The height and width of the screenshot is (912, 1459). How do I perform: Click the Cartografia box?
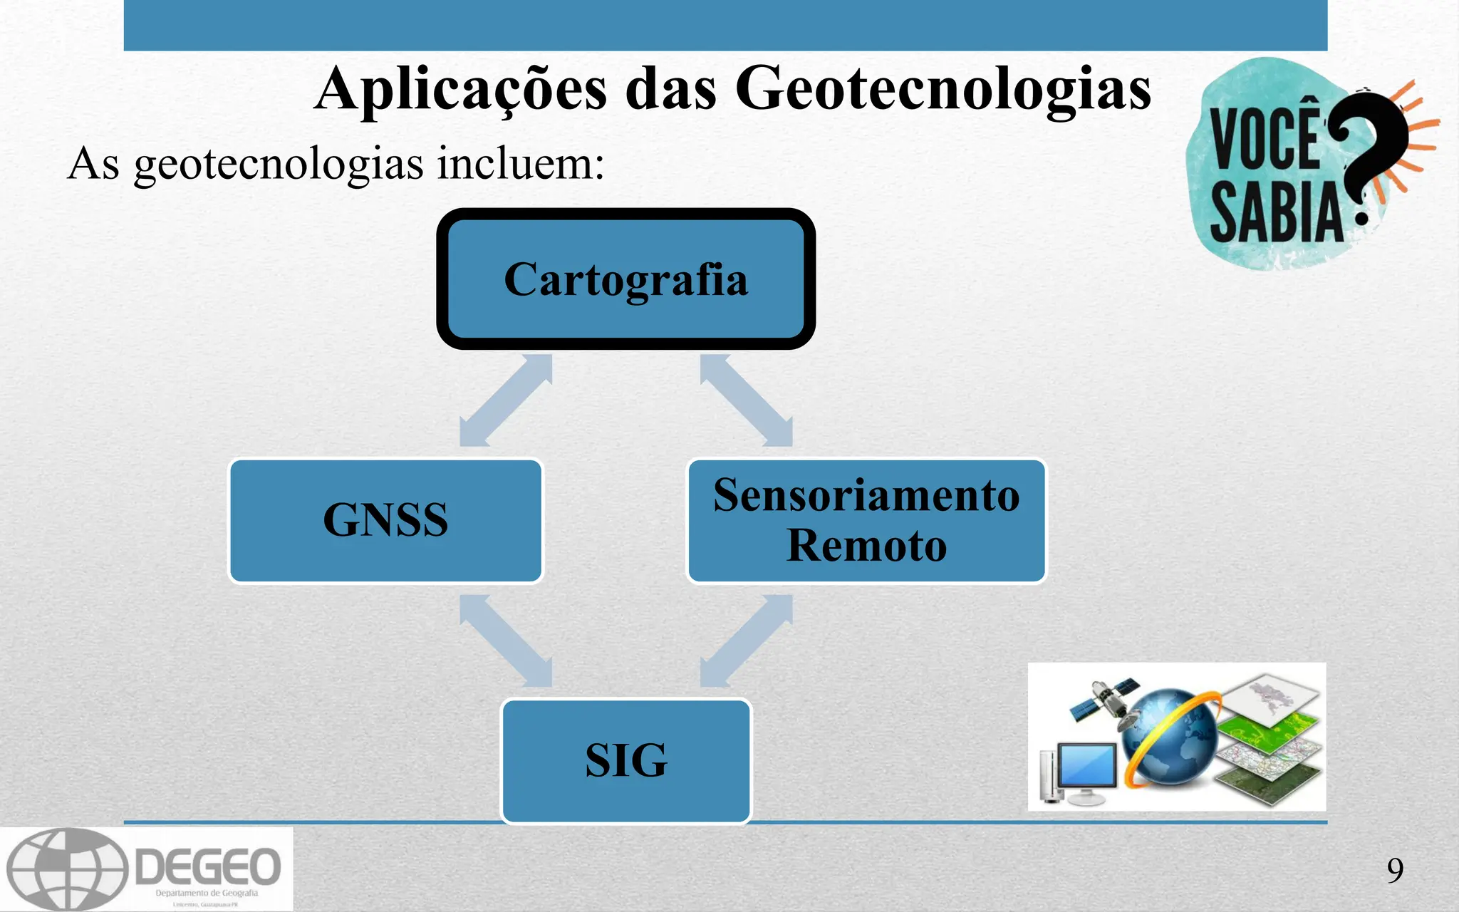tap(625, 279)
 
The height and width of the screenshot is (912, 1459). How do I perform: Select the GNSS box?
tap(385, 520)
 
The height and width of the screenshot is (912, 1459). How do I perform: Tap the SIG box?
tap(626, 760)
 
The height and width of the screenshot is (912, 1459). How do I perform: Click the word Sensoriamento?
tap(866, 495)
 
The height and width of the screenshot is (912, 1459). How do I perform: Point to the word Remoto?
tap(866, 546)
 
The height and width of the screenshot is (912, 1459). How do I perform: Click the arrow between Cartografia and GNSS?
tap(506, 400)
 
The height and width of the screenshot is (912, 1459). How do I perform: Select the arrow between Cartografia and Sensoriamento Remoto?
tap(746, 400)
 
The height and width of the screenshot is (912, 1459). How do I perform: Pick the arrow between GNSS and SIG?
tap(506, 641)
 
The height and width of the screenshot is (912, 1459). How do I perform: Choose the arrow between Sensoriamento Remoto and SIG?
tap(746, 641)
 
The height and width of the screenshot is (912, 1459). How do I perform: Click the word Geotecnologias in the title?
tap(943, 89)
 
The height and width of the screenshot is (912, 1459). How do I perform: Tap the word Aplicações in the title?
tap(461, 90)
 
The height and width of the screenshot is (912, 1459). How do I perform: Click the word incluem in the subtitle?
tap(520, 163)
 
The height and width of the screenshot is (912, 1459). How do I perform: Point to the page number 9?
tap(1395, 870)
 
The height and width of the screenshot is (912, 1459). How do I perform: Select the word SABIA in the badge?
tap(1276, 212)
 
